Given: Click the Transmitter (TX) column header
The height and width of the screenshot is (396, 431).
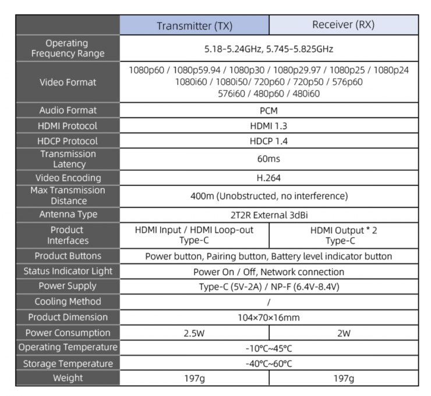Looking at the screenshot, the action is point(195,26).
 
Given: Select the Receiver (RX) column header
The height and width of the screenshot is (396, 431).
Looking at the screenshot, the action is point(343,24).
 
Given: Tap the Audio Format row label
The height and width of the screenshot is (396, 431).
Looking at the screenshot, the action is point(68,110).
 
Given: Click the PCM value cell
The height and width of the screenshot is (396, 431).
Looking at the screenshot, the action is point(269,110).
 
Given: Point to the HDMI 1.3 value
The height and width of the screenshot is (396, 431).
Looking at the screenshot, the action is point(269,126).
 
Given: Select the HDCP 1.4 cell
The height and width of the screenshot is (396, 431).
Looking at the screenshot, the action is point(269,141).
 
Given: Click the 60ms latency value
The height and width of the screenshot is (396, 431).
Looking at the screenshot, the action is point(269,159).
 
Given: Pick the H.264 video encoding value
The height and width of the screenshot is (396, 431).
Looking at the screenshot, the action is point(269,178).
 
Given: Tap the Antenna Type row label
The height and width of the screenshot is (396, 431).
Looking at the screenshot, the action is point(68,215).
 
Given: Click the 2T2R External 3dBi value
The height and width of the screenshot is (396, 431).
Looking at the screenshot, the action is point(269,215).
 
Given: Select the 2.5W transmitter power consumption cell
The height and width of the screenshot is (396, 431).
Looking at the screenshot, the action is point(194,333).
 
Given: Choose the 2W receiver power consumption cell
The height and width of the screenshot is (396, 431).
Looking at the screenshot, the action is point(344,333).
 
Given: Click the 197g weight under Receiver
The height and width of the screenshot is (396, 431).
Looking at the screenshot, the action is point(344,379).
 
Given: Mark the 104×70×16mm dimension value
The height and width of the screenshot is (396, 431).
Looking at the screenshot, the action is point(269,317).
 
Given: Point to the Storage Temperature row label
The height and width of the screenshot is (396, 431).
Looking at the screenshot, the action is point(68,363).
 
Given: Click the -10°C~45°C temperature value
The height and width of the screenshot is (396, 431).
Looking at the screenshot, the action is point(269,348).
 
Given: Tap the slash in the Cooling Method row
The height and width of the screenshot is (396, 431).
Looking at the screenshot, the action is point(269,302).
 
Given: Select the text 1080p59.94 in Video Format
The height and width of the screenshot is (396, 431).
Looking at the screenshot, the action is point(196,70).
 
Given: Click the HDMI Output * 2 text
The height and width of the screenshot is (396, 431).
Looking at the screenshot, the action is point(344,230).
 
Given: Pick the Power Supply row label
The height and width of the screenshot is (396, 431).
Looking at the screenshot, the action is point(68,286).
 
